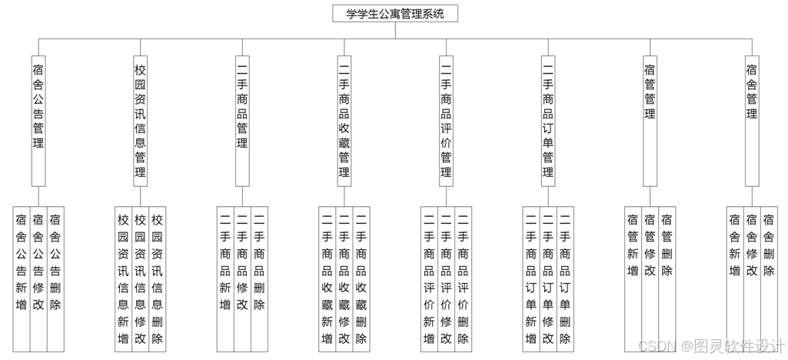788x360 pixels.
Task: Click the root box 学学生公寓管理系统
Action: click(395, 13)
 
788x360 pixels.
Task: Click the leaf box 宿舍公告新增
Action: click(22, 277)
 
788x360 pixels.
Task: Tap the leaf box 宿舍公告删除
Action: click(55, 277)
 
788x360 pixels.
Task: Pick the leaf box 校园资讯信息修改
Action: click(140, 277)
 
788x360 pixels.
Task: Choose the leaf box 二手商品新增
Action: click(224, 277)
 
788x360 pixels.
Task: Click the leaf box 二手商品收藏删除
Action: click(361, 277)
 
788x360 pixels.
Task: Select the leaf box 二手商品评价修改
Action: click(446, 277)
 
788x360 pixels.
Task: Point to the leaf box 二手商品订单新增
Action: click(530, 277)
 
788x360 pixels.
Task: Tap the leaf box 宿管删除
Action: click(667, 277)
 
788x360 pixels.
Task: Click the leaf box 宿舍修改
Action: click(751, 277)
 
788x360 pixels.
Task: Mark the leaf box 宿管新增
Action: click(633, 277)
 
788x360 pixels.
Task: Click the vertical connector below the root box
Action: click(395, 30)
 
